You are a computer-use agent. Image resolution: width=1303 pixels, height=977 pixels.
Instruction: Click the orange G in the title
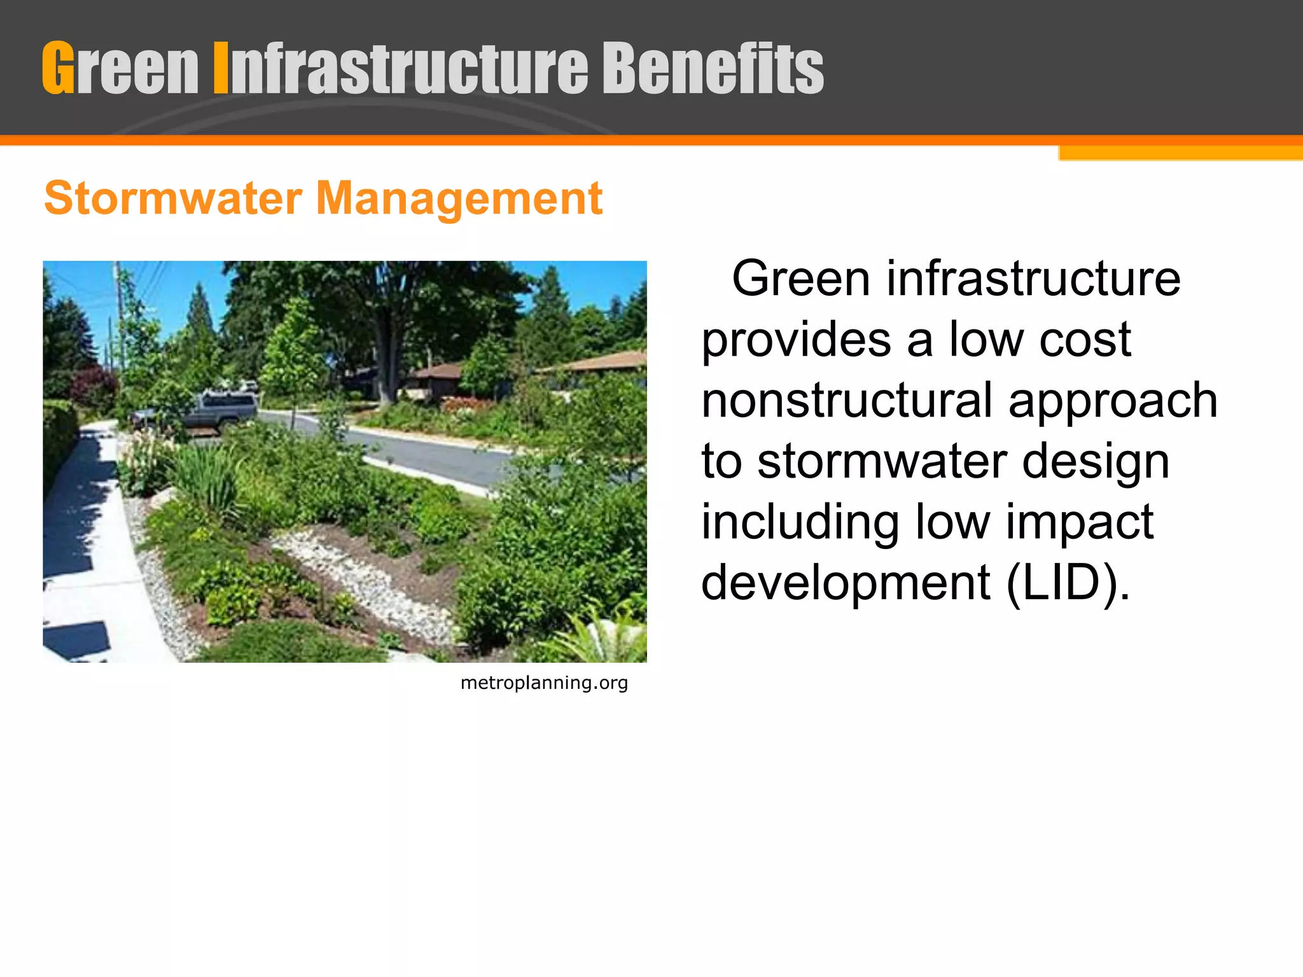tap(58, 68)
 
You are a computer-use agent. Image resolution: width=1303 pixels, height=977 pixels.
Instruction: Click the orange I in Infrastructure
tap(220, 68)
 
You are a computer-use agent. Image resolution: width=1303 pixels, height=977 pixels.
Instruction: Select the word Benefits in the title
tap(713, 68)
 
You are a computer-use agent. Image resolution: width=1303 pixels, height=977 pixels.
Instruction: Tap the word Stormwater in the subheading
tap(172, 198)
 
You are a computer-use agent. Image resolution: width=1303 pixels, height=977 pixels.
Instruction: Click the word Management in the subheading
tap(459, 198)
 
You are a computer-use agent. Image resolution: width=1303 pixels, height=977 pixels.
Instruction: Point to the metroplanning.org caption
tap(544, 683)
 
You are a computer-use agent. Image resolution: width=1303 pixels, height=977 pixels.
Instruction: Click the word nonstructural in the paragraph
tap(847, 400)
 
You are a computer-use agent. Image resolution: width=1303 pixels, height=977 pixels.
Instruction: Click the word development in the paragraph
tap(846, 583)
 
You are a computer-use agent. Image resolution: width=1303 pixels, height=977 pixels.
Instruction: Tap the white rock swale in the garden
tap(369, 579)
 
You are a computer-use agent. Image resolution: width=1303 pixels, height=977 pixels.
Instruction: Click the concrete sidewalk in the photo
tap(89, 541)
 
